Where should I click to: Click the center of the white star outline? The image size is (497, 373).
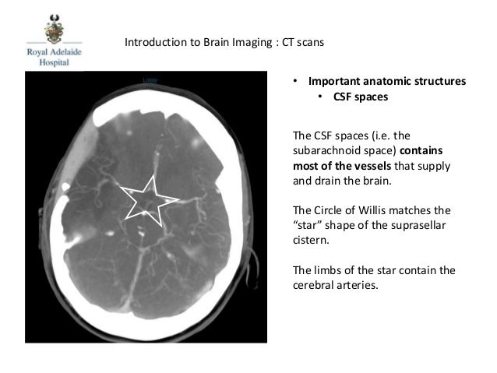click(x=146, y=202)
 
